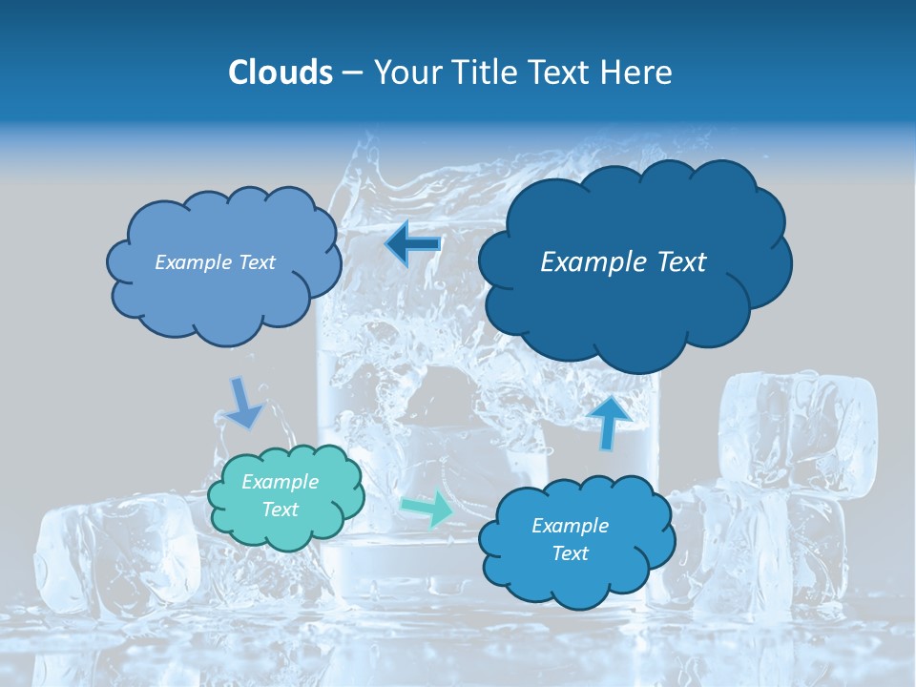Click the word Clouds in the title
pyautogui.click(x=280, y=73)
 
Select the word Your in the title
pyautogui.click(x=400, y=73)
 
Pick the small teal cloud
pyautogui.click(x=286, y=496)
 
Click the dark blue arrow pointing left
pyautogui.click(x=413, y=243)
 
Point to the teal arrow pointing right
pyautogui.click(x=427, y=508)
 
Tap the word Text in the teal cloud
pyautogui.click(x=281, y=510)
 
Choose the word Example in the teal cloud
pyautogui.click(x=281, y=482)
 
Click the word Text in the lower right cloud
pyautogui.click(x=571, y=553)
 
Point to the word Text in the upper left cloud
pyautogui.click(x=256, y=262)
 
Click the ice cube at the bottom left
pyautogui.click(x=114, y=553)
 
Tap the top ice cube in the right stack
pyautogui.click(x=798, y=425)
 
